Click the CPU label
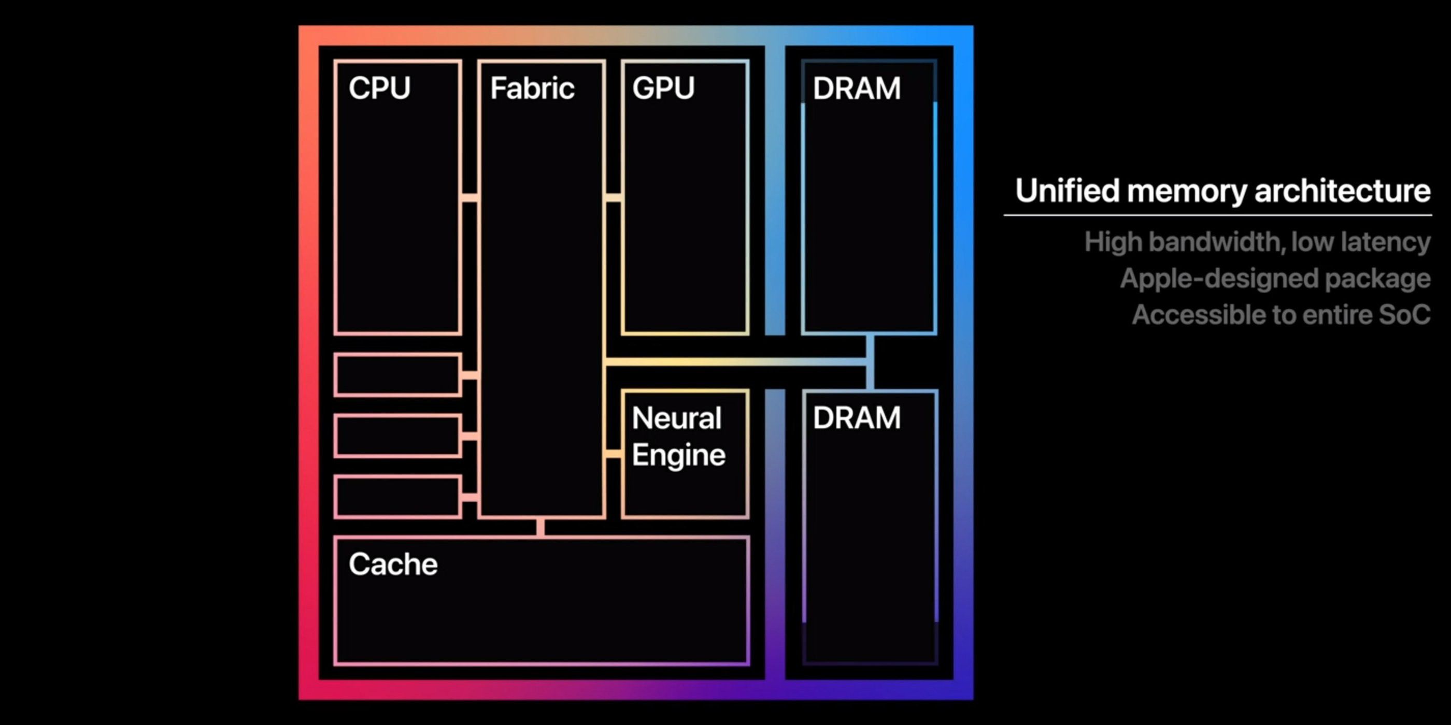click(379, 89)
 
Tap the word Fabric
click(532, 89)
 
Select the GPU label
click(663, 89)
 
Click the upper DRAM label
click(856, 89)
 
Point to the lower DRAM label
click(856, 418)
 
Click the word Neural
click(676, 418)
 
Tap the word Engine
click(678, 455)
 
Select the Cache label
click(393, 564)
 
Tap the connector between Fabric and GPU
click(614, 198)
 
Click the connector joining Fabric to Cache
click(540, 527)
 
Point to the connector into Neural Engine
click(614, 454)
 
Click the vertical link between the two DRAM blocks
click(870, 362)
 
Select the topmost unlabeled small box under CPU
click(397, 375)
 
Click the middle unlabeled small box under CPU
click(397, 436)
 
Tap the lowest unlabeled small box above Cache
click(397, 497)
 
